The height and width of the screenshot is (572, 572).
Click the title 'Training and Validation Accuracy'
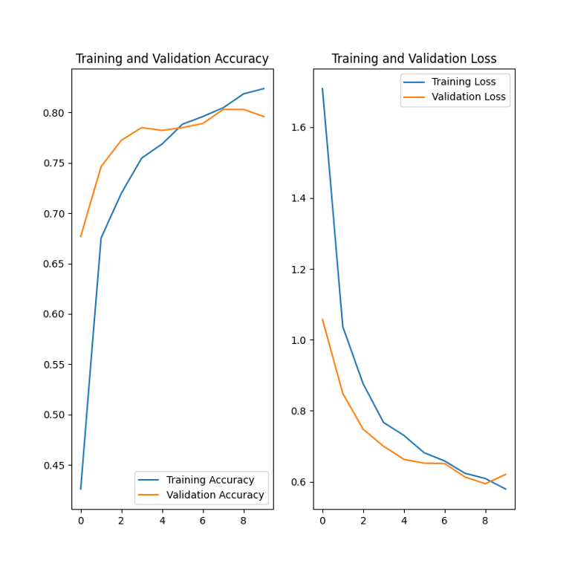click(172, 59)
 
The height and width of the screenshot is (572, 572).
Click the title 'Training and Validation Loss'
click(414, 59)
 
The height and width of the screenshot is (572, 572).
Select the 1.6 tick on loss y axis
click(299, 128)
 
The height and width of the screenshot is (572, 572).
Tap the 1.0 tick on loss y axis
click(299, 340)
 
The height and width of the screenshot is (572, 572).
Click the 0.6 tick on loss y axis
click(299, 482)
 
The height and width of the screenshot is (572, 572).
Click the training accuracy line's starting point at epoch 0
click(81, 489)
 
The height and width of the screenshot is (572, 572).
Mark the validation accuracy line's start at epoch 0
click(81, 236)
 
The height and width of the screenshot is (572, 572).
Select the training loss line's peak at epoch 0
click(322, 89)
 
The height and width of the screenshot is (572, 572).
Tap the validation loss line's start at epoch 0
click(322, 319)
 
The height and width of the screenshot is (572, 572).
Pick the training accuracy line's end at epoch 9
click(264, 88)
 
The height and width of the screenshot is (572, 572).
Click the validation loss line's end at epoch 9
click(506, 474)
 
